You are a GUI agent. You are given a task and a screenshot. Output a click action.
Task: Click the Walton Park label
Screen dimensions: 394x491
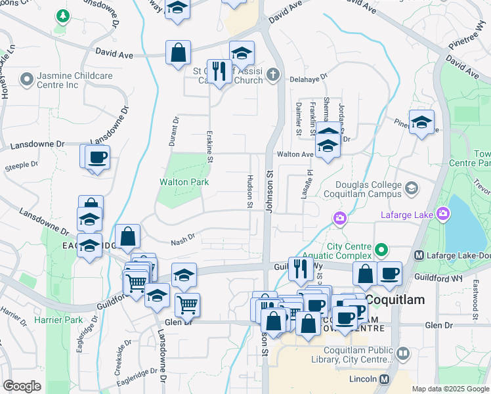click(184, 181)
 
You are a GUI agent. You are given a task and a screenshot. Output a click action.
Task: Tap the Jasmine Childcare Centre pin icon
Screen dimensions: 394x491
click(26, 80)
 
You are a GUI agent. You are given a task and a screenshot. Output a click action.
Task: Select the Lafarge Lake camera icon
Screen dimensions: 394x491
click(444, 214)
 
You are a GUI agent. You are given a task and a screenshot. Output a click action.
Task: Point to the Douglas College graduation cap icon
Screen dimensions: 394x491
click(411, 189)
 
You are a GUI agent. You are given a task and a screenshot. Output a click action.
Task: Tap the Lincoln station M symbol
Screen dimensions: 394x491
click(384, 380)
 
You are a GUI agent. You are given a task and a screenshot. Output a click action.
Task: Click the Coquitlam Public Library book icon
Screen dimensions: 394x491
click(403, 354)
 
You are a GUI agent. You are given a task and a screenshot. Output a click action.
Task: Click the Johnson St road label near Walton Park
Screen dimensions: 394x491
click(268, 191)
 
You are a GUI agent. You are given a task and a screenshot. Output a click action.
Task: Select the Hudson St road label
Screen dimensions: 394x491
click(250, 191)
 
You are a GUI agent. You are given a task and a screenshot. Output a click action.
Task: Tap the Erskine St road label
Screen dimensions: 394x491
click(210, 146)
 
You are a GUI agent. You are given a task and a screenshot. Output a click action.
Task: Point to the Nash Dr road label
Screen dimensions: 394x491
click(183, 240)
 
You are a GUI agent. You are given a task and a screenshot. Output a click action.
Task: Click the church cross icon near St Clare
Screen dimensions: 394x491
click(273, 76)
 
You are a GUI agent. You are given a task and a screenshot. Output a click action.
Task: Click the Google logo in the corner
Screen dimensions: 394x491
click(22, 385)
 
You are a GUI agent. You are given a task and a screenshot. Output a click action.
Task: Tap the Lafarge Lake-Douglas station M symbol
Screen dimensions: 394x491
click(418, 255)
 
